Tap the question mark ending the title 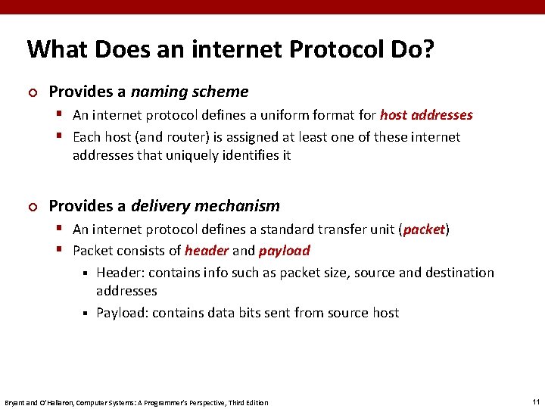(x=428, y=50)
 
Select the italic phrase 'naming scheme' (x=189, y=92)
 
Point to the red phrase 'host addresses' (x=426, y=115)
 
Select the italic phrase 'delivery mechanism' (x=205, y=206)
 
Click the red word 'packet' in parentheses (x=425, y=229)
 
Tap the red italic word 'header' (x=207, y=251)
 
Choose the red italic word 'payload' (x=284, y=251)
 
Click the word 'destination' (x=457, y=273)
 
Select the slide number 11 (x=535, y=401)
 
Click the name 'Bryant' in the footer (x=14, y=402)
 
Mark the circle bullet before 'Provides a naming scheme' (x=32, y=92)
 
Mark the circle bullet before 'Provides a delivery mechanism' (x=32, y=207)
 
